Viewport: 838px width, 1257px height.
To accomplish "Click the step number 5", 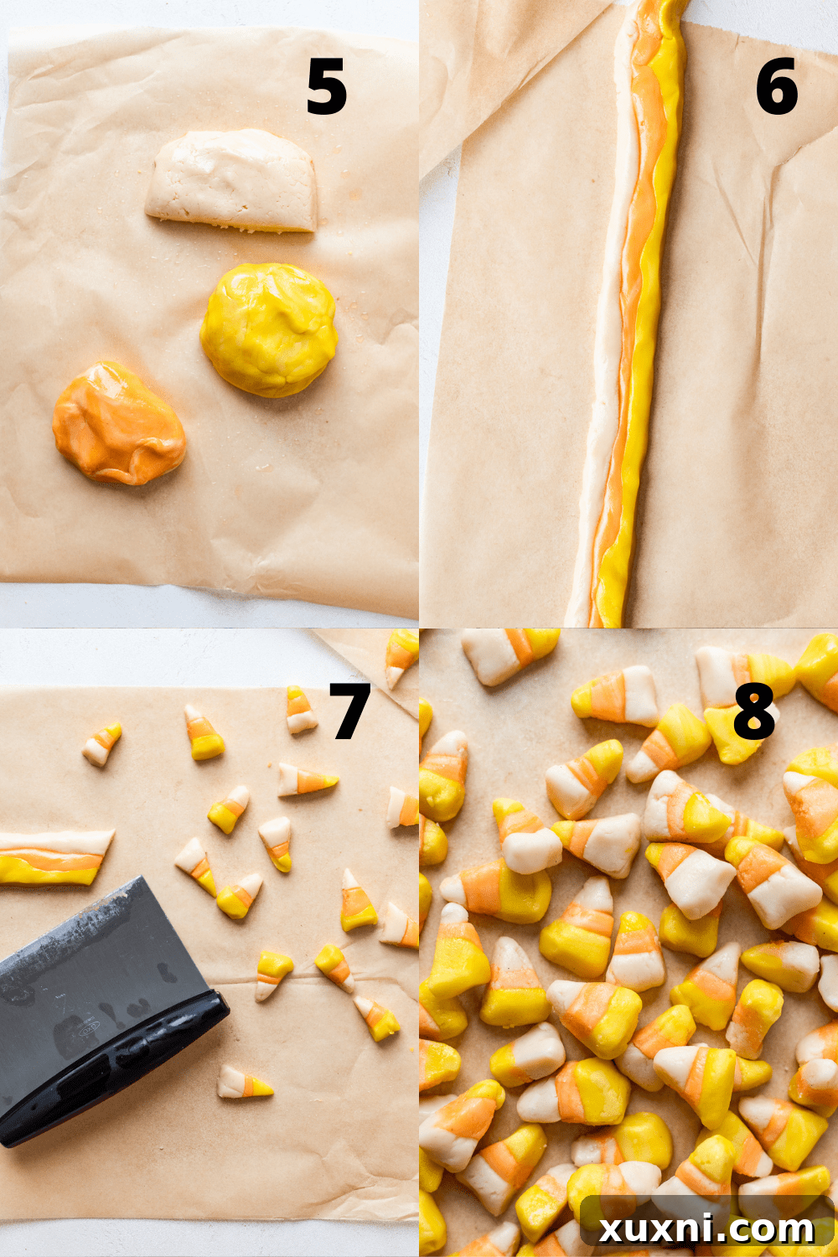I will click(326, 88).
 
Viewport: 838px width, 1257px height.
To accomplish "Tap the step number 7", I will click(349, 711).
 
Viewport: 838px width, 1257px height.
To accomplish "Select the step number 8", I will click(753, 711).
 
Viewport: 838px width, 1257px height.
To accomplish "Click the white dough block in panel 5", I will click(233, 180).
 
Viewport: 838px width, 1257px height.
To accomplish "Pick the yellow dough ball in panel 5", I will click(268, 329).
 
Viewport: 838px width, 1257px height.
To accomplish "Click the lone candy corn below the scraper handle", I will click(244, 1084).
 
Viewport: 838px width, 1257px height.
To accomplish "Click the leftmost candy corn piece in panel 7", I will click(101, 743).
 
